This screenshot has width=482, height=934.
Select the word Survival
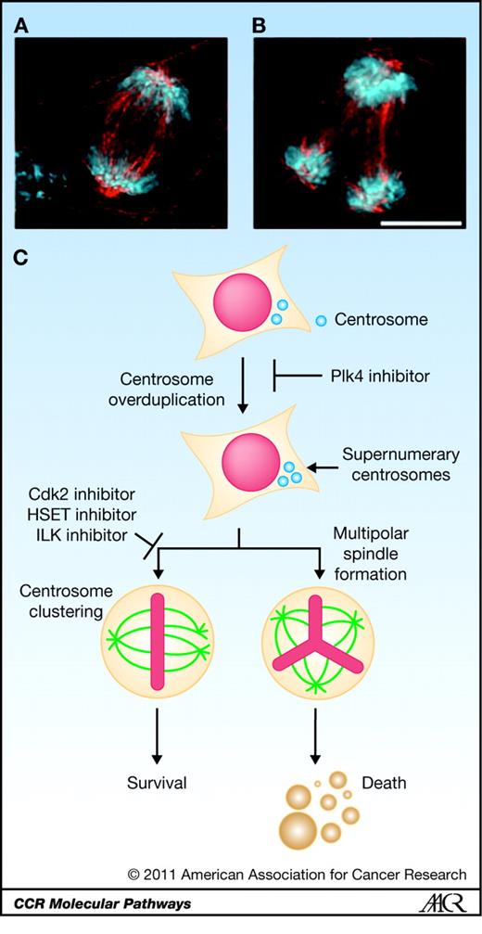point(157,783)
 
